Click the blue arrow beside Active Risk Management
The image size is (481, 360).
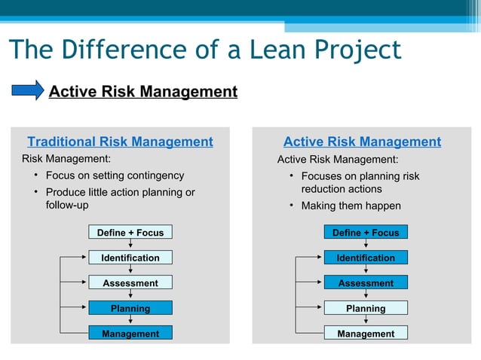tap(28, 90)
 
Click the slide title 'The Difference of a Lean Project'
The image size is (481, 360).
tap(204, 50)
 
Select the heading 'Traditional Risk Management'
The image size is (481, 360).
tap(120, 142)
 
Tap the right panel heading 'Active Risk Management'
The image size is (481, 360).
tap(362, 142)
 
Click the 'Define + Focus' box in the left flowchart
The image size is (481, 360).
tap(130, 233)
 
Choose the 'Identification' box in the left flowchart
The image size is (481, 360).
tap(130, 258)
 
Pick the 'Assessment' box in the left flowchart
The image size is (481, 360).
tap(130, 283)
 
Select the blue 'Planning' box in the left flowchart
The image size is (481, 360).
tap(130, 308)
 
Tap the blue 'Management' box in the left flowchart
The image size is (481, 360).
tap(130, 333)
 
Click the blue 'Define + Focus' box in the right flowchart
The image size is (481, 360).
tap(366, 233)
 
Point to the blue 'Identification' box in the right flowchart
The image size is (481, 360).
tap(366, 258)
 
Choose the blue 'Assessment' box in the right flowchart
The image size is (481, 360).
tap(366, 283)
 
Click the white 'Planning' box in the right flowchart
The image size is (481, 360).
tap(366, 308)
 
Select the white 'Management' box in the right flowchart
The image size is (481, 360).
tap(366, 333)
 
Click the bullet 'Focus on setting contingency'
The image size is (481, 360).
tap(115, 175)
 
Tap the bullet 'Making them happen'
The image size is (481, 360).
tap(351, 206)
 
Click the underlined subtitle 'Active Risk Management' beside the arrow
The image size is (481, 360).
tap(143, 92)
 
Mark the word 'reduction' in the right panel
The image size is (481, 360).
tap(324, 189)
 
